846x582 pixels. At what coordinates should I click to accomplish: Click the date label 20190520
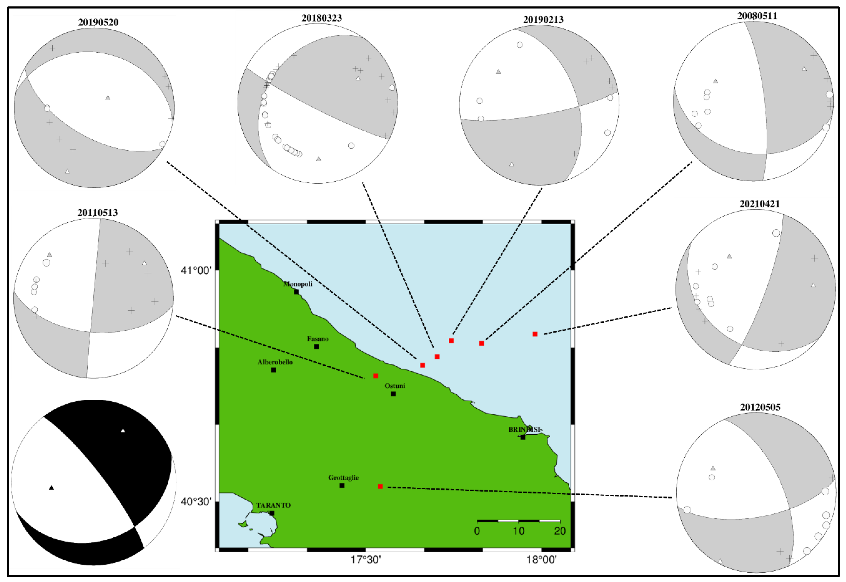point(98,22)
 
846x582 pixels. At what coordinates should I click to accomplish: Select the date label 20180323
point(322,18)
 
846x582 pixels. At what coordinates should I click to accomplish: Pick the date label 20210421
point(759,204)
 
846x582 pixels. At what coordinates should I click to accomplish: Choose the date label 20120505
point(760,407)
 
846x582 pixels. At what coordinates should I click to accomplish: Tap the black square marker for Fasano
point(316,347)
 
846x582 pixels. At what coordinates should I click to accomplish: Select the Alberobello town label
point(275,362)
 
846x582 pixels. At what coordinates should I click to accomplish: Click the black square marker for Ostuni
point(393,394)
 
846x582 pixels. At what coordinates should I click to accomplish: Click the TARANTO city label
point(273,505)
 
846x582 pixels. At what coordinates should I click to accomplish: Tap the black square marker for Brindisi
point(522,437)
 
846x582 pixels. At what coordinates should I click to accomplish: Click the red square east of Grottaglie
point(380,487)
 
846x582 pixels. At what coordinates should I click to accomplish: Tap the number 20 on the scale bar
point(560,531)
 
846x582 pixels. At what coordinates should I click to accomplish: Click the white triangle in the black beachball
point(123,431)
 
